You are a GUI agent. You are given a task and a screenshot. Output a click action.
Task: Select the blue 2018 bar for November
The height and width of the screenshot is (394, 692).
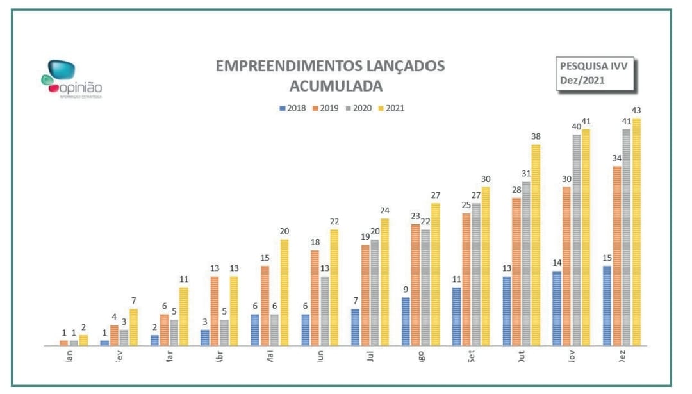(557, 308)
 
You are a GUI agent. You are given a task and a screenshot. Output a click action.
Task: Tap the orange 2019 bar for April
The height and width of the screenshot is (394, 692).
(214, 311)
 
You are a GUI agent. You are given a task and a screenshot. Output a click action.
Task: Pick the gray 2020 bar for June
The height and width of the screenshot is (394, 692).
(325, 311)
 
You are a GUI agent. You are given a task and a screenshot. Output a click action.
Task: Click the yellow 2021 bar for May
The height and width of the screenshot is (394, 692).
(284, 292)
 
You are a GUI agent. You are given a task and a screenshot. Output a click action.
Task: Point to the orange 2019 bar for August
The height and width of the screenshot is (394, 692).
(416, 284)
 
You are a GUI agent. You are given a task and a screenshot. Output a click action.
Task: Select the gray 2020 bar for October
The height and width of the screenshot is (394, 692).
(526, 263)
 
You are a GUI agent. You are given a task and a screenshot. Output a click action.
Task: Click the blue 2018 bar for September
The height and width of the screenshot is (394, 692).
(456, 316)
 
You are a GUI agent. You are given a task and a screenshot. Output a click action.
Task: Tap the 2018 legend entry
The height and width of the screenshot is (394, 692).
(293, 108)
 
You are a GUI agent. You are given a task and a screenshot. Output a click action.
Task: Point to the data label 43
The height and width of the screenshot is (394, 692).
(636, 110)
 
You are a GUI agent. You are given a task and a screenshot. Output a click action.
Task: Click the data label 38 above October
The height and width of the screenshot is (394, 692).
(536, 136)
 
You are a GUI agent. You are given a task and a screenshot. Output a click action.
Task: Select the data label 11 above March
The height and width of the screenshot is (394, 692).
(183, 279)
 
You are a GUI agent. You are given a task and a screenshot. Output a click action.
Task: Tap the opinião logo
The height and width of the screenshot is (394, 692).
(71, 79)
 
